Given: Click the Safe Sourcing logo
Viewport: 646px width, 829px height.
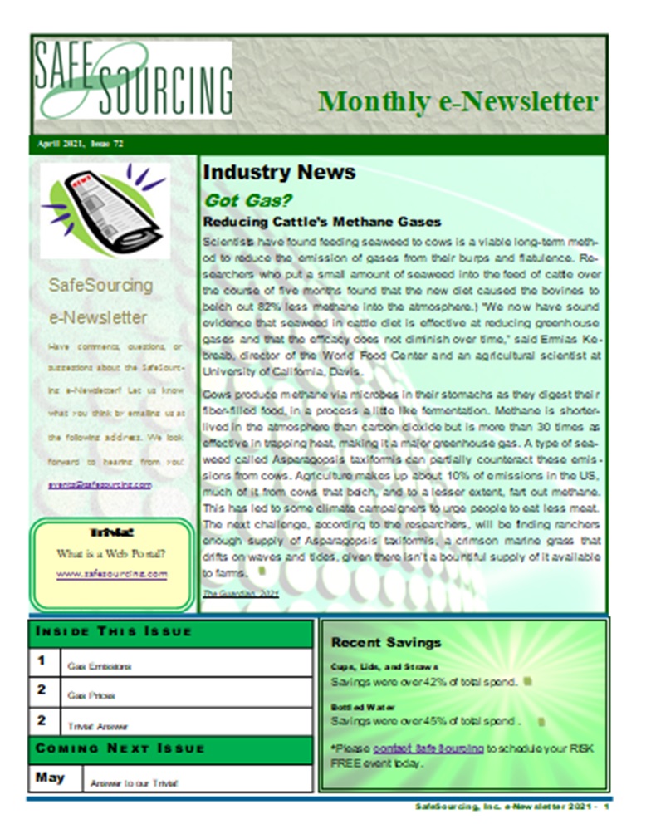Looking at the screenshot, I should pyautogui.click(x=133, y=79).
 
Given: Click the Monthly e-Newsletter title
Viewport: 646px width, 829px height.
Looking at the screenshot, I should pyautogui.click(x=458, y=101).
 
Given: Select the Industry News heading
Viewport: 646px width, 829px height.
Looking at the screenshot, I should pyautogui.click(x=279, y=172).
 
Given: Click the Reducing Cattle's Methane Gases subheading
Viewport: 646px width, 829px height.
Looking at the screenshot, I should pyautogui.click(x=322, y=222).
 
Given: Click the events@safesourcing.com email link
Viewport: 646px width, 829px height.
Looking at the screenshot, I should pyautogui.click(x=100, y=483).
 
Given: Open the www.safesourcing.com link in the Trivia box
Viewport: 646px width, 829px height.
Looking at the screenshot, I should pyautogui.click(x=112, y=573).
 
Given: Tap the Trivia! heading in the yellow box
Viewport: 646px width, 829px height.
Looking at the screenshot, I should pyautogui.click(x=111, y=534).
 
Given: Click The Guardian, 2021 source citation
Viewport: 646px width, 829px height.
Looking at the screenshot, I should pyautogui.click(x=241, y=594).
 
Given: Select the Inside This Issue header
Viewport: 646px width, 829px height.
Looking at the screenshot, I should pyautogui.click(x=114, y=631).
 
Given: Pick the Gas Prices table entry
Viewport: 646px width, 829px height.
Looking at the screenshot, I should pyautogui.click(x=97, y=695).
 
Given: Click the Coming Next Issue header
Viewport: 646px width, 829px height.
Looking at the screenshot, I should pyautogui.click(x=120, y=748).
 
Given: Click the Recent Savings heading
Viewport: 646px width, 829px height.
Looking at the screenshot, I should pyautogui.click(x=386, y=642).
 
